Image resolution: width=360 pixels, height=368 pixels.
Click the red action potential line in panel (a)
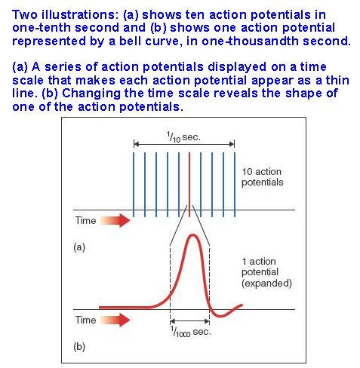click(x=189, y=185)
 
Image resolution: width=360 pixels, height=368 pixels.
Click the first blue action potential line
click(x=134, y=185)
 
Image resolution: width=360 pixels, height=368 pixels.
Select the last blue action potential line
click(x=235, y=185)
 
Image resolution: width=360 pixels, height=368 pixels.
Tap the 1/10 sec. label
click(x=183, y=137)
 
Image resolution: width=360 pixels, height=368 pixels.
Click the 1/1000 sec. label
click(x=190, y=332)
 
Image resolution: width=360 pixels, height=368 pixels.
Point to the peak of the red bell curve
click(x=193, y=235)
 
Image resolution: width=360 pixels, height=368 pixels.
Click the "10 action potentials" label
click(x=262, y=177)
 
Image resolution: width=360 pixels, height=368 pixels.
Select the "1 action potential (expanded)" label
click(x=266, y=272)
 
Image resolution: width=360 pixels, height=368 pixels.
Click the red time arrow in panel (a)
click(x=115, y=220)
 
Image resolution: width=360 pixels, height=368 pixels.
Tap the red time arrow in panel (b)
click(x=115, y=320)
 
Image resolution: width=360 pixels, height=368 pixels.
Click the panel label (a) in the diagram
click(x=79, y=247)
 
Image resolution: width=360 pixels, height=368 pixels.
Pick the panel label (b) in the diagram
click(x=79, y=347)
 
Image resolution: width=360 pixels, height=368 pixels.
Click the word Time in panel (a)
click(x=85, y=220)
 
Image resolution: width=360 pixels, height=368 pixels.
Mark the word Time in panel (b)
click(x=85, y=320)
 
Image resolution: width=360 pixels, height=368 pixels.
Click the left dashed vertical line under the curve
click(x=171, y=284)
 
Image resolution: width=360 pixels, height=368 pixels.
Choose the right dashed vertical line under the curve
click(x=209, y=284)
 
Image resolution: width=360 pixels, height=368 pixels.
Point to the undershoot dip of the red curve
click(x=220, y=316)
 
